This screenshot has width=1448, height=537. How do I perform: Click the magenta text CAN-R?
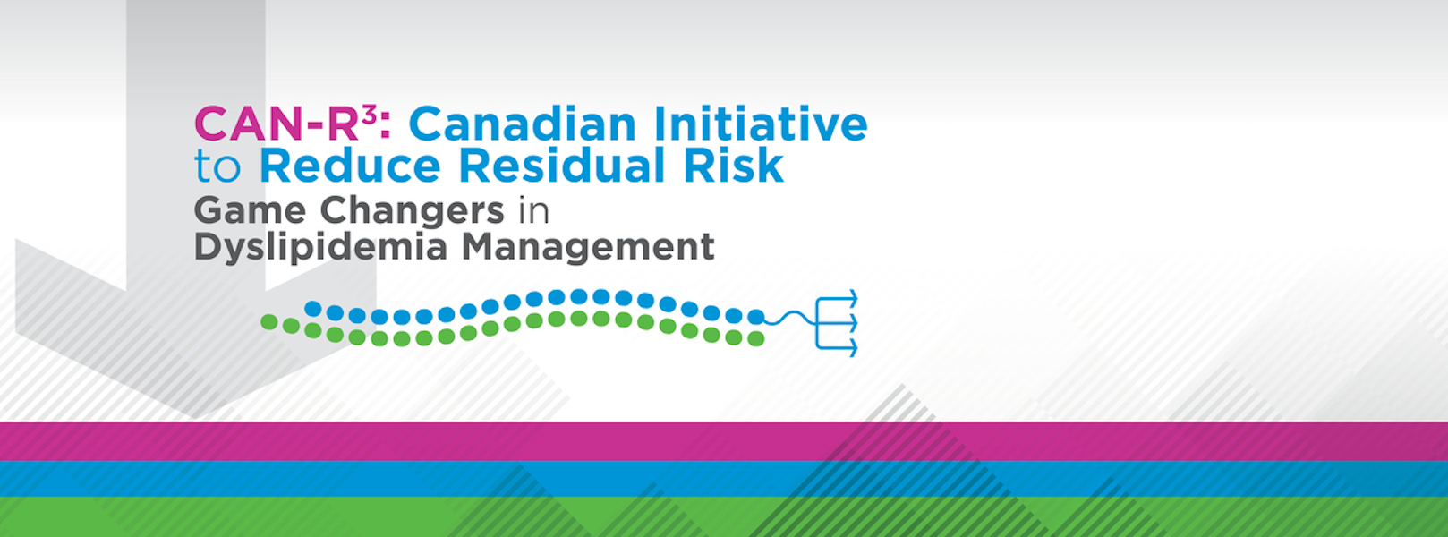coord(277,124)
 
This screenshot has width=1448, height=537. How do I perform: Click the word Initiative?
coord(761,124)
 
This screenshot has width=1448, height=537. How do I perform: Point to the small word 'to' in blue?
coord(217,166)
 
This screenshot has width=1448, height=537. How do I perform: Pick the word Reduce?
coord(350,166)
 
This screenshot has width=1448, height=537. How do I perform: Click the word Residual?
coord(562,166)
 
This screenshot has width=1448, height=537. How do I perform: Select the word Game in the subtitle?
coord(250,210)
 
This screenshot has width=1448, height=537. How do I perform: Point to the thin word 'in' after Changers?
coord(533,211)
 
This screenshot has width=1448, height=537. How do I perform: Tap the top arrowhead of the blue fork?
coord(853,299)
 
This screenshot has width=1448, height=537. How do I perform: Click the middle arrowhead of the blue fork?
coord(853,322)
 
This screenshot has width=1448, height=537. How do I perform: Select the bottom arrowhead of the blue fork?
coord(853,347)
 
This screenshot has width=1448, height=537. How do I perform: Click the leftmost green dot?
coord(268,322)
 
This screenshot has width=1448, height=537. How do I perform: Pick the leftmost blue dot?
coord(313,308)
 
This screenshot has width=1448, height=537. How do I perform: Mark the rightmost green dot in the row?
coord(755,338)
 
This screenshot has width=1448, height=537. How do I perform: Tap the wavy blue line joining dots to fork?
coord(791,318)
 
